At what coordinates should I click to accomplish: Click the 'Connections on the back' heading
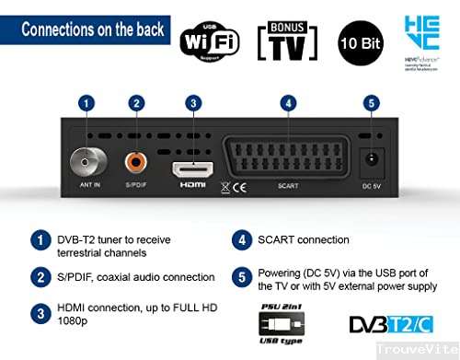click(x=93, y=29)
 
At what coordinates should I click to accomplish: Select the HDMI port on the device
click(x=193, y=169)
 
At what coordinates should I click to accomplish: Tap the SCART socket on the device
click(x=288, y=164)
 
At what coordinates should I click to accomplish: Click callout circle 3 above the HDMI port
click(x=192, y=103)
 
